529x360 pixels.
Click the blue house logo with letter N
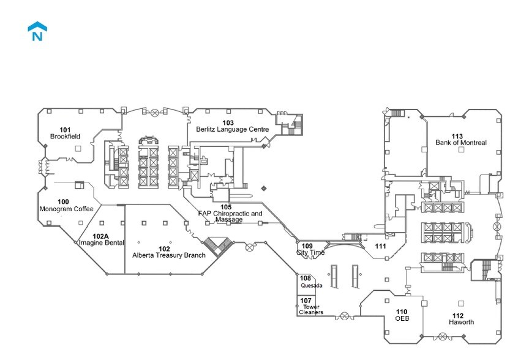pyautogui.click(x=37, y=32)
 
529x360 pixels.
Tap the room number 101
pyautogui.click(x=66, y=129)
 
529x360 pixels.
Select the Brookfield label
pyautogui.click(x=66, y=136)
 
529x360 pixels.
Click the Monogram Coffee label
pyautogui.click(x=66, y=209)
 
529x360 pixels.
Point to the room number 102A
pyautogui.click(x=100, y=236)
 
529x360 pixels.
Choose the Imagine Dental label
pyautogui.click(x=102, y=243)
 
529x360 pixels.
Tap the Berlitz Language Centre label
pyautogui.click(x=232, y=129)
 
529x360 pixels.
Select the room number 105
pyautogui.click(x=226, y=207)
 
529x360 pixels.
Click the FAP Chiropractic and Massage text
pyautogui.click(x=230, y=216)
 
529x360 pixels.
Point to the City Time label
pyautogui.click(x=310, y=252)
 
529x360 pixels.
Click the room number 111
pyautogui.click(x=381, y=246)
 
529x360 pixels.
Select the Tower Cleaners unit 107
pyautogui.click(x=310, y=306)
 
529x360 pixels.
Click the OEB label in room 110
pyautogui.click(x=402, y=319)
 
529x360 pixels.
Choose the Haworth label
pyautogui.click(x=461, y=322)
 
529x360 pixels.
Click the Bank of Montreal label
pyautogui.click(x=461, y=143)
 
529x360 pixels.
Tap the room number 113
pyautogui.click(x=457, y=136)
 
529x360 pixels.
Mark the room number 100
pyautogui.click(x=63, y=201)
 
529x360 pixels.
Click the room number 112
pyautogui.click(x=458, y=315)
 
